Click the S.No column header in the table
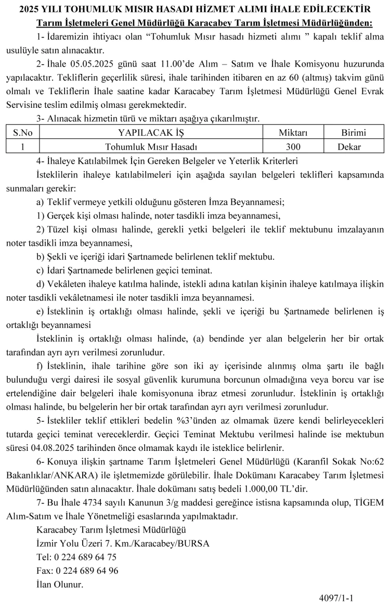click(22, 133)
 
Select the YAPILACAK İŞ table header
click(151, 133)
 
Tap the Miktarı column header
click(293, 133)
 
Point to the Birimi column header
click(353, 133)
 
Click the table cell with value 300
click(293, 146)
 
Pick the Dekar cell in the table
click(349, 146)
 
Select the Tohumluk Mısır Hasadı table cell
click(151, 146)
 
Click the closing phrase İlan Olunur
click(60, 584)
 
